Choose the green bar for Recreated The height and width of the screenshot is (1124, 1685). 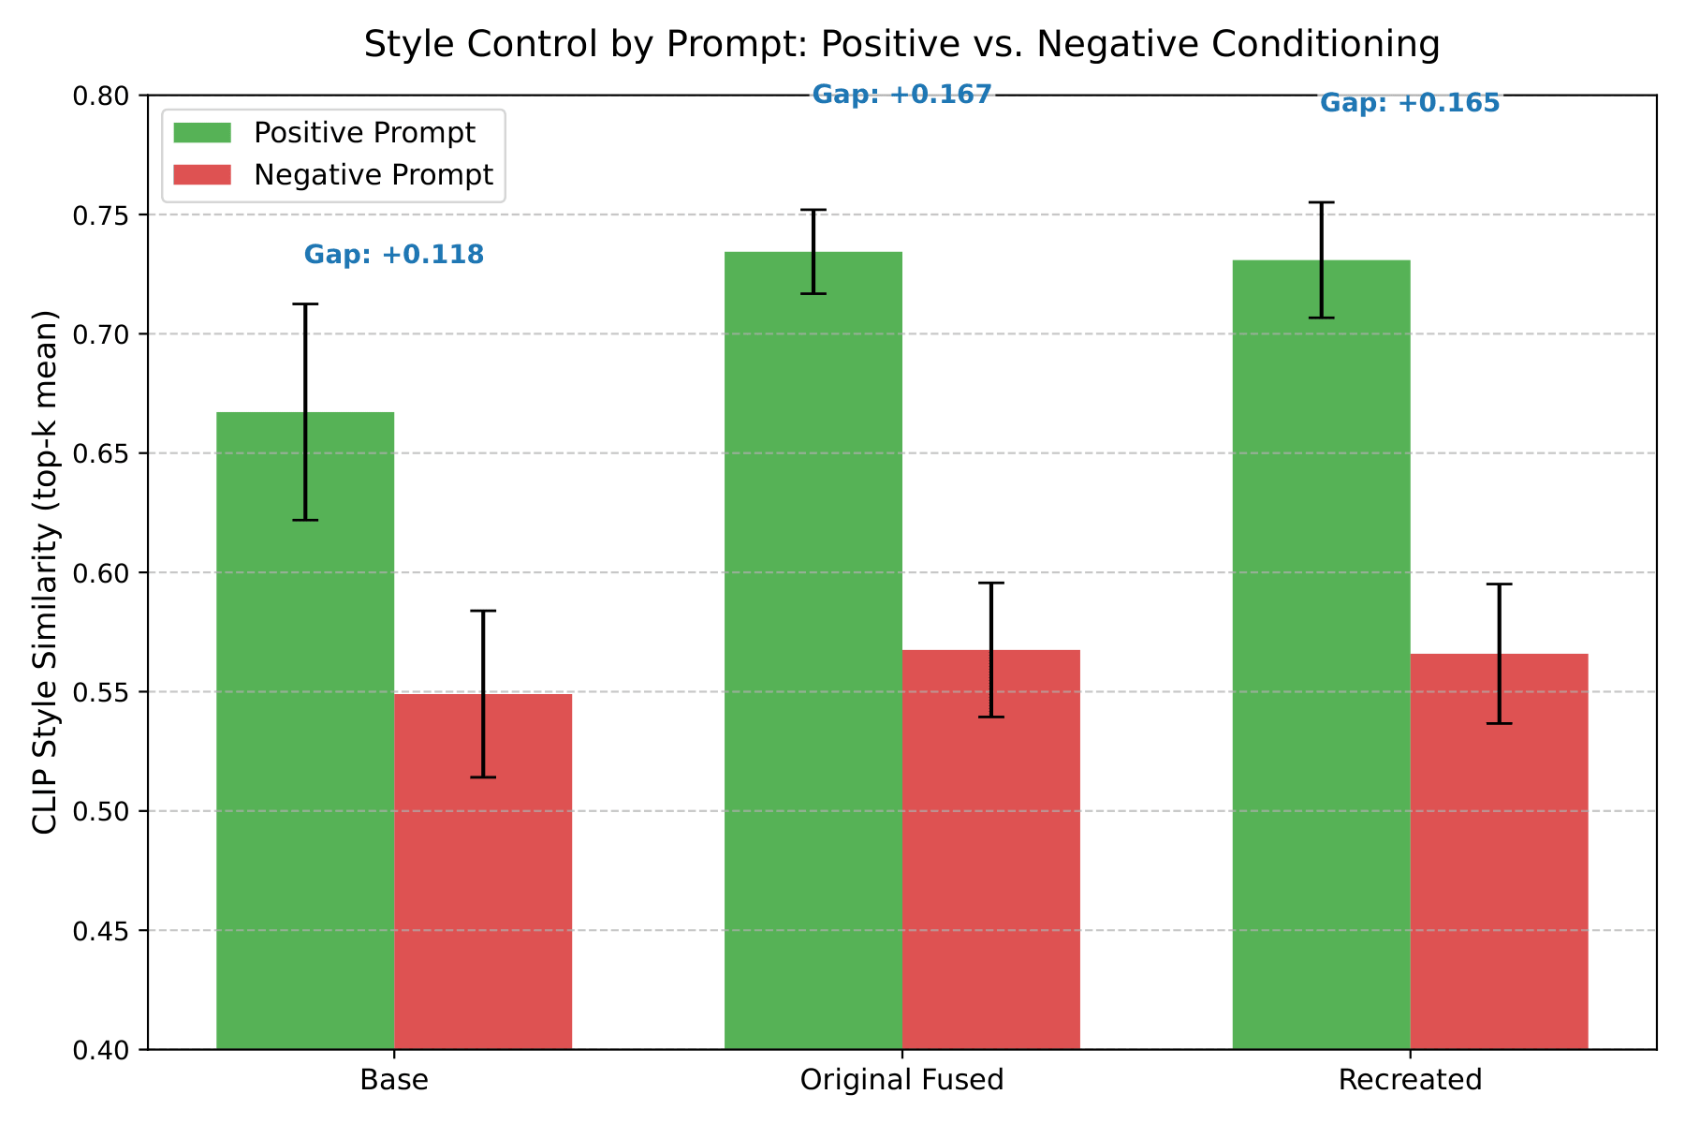click(x=1321, y=656)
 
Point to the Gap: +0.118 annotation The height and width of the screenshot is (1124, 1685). click(x=394, y=255)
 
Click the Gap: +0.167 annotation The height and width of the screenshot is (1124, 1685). click(x=901, y=95)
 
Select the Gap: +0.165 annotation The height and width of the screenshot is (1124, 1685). click(x=1410, y=103)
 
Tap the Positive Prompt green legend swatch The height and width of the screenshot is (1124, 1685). click(x=202, y=133)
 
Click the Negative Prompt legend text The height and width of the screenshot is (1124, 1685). click(x=374, y=175)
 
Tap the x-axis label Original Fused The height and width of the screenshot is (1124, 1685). click(x=901, y=1080)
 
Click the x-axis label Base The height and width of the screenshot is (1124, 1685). click(x=394, y=1080)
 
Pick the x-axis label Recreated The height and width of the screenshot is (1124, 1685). click(x=1410, y=1080)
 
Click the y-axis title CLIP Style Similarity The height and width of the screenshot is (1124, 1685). click(x=45, y=571)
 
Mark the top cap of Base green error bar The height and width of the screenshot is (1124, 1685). click(x=305, y=304)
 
